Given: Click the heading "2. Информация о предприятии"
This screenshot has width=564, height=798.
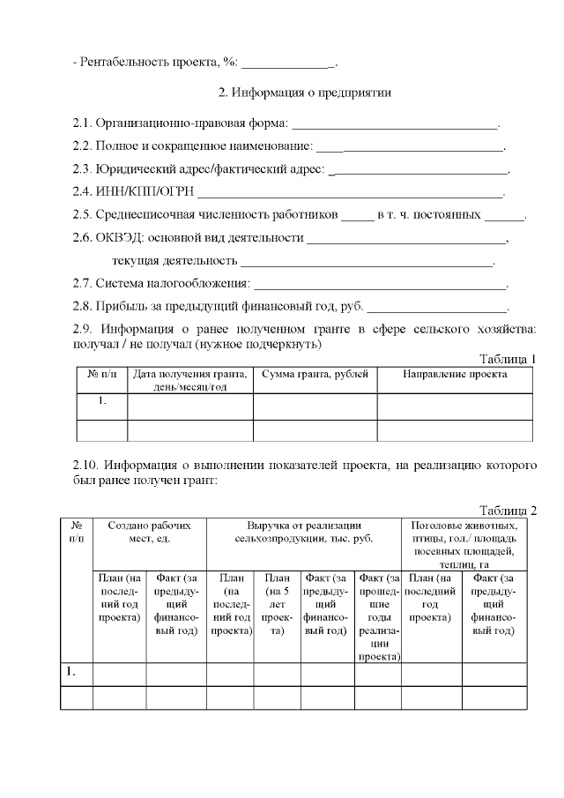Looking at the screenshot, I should (304, 93).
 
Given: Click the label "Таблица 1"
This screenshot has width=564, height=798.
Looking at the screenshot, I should (507, 358).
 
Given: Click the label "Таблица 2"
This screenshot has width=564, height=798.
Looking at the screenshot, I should (507, 511).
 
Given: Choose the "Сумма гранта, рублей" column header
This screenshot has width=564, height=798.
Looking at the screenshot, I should (315, 375).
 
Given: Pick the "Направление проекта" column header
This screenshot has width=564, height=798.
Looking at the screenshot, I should (455, 375).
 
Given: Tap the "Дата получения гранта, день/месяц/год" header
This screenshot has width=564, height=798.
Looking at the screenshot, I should (190, 381).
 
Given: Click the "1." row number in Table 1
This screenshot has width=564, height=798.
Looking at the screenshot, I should (102, 402).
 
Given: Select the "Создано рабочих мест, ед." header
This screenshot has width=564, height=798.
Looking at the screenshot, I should (149, 531).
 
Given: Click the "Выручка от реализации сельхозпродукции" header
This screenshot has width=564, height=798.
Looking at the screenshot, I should (303, 531).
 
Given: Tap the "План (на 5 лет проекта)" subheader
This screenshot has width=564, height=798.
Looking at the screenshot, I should (277, 604).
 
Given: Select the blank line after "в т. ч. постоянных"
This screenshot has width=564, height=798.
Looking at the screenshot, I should (504, 215).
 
